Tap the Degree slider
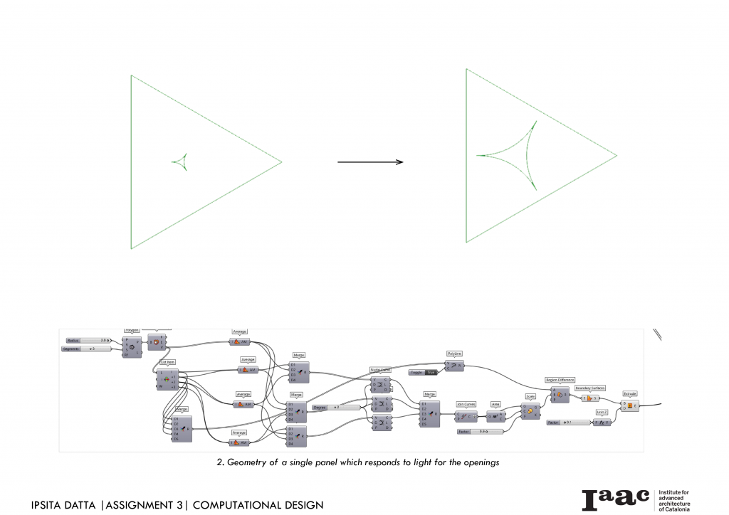click(335, 408)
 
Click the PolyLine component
click(454, 366)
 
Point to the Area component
click(495, 417)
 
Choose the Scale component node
click(530, 410)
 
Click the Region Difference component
click(559, 394)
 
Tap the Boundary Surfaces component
click(590, 398)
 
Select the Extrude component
click(630, 405)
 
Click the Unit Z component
click(602, 423)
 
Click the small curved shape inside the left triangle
click(181, 161)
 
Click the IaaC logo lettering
click(615, 499)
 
